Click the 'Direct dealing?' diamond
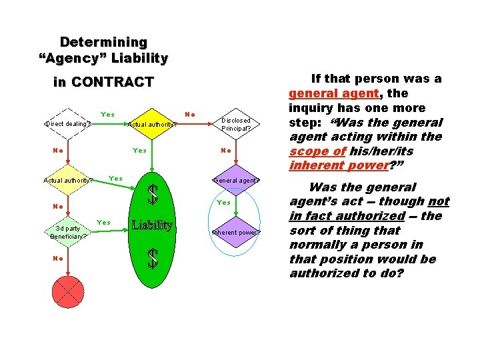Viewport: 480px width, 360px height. tap(68, 123)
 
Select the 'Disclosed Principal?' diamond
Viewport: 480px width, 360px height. tap(236, 124)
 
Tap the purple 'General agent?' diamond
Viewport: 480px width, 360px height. tap(236, 180)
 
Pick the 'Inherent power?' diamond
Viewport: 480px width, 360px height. tap(236, 233)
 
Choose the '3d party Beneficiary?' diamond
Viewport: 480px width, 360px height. tap(68, 232)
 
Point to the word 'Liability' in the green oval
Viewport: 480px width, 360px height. tap(152, 225)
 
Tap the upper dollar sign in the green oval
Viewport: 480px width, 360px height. tap(153, 195)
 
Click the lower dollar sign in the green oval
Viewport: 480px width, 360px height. tap(153, 259)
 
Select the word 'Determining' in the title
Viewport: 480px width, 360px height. tap(103, 43)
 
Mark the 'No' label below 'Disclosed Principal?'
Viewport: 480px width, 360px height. tap(226, 150)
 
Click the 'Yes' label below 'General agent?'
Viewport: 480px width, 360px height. tap(224, 202)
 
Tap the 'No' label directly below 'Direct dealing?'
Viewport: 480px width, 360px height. tap(58, 150)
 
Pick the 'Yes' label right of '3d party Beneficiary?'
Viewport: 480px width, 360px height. tap(104, 222)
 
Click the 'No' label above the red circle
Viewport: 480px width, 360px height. tap(58, 258)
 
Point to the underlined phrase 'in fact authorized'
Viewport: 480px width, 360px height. tap(347, 216)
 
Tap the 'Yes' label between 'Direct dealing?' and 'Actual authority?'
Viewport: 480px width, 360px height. tap(107, 114)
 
